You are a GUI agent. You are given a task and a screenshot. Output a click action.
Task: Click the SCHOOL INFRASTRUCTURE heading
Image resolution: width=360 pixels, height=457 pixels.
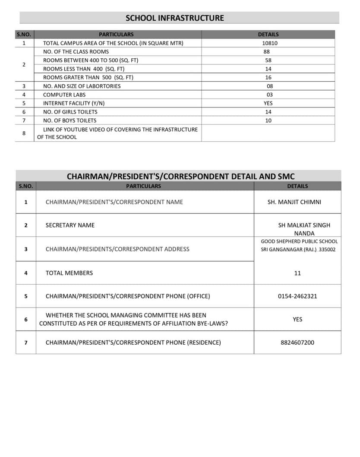point(174,18)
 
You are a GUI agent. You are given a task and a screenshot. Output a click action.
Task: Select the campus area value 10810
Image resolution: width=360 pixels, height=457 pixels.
point(270,43)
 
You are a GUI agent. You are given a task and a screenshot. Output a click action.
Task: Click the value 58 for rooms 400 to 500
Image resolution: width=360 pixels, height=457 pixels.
point(268,60)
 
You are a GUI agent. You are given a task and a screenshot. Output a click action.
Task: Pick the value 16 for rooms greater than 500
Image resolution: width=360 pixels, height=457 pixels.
point(268,77)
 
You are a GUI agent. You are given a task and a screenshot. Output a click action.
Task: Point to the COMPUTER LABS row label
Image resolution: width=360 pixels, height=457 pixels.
point(64,95)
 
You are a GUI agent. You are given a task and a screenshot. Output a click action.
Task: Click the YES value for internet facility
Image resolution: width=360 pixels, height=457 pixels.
point(268,103)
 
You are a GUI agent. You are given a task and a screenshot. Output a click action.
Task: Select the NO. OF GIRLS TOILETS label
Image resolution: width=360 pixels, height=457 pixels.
point(70,112)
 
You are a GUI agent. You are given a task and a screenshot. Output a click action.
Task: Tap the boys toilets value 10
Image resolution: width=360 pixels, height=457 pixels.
point(268,121)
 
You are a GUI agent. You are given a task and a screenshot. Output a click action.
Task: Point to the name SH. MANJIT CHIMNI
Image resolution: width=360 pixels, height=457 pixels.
point(294,202)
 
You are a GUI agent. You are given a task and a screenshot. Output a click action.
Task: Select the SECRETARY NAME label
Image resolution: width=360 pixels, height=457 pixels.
point(70,225)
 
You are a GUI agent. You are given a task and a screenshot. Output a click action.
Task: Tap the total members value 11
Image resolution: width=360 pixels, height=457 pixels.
point(297,273)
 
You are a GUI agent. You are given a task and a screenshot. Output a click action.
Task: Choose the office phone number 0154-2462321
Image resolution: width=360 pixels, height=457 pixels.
point(297,296)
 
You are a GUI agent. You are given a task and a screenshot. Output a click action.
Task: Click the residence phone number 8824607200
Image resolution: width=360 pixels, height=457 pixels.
point(297,343)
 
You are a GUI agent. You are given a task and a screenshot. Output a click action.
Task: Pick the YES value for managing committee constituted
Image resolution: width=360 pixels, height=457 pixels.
point(297,319)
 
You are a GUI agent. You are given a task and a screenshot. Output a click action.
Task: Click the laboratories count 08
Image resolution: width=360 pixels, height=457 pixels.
point(270,86)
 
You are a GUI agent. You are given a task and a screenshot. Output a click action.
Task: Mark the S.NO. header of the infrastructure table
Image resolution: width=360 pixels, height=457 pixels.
point(24,34)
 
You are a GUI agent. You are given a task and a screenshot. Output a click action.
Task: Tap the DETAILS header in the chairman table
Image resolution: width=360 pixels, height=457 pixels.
point(297,186)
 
